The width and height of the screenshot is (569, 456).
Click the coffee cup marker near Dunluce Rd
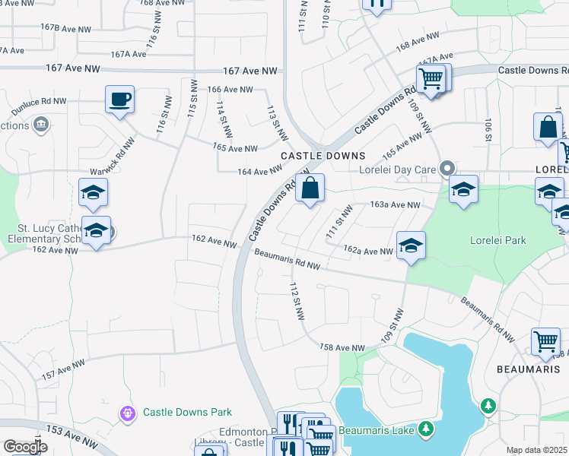120,100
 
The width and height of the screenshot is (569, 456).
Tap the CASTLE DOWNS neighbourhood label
323,155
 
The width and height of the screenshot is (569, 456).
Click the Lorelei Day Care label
401,169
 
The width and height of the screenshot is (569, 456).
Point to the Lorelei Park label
499,241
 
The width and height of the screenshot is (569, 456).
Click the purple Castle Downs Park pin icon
127,413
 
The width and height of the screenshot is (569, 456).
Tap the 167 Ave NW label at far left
73,68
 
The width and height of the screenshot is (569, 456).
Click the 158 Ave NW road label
342,347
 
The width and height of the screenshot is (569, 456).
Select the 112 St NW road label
297,301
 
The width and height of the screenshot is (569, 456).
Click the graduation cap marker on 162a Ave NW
411,245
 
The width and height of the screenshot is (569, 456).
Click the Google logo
25,446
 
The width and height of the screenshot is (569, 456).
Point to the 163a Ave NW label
395,205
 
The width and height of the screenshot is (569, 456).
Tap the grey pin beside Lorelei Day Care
449,169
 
